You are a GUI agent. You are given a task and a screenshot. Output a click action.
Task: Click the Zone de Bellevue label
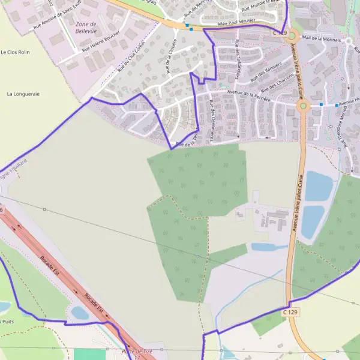(x=86, y=28)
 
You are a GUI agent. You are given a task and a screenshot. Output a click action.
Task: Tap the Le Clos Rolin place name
(x=15, y=53)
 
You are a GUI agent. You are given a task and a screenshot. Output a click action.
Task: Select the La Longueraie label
(x=23, y=94)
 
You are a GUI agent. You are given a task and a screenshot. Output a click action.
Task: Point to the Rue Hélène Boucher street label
(x=99, y=44)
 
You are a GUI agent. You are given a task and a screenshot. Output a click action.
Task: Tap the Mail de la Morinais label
(x=322, y=39)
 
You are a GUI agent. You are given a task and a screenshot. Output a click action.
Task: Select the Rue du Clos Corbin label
(x=131, y=58)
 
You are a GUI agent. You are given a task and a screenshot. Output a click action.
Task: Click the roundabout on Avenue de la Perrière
(x=303, y=107)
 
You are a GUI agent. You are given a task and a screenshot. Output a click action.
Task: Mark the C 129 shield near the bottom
(x=290, y=312)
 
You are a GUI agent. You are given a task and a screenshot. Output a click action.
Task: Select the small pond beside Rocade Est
(x=80, y=313)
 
